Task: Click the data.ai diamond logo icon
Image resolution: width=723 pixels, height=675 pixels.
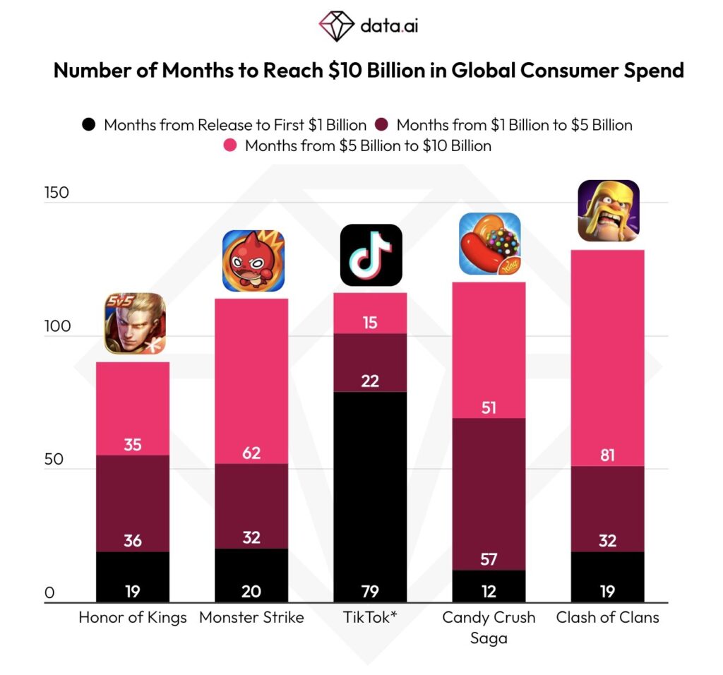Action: click(x=336, y=26)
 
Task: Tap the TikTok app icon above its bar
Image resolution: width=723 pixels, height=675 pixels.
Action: click(x=371, y=255)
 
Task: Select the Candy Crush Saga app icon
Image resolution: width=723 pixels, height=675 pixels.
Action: click(x=489, y=244)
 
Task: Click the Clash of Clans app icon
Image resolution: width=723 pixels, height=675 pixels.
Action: click(x=609, y=210)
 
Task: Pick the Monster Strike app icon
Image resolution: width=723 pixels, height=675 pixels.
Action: click(x=253, y=261)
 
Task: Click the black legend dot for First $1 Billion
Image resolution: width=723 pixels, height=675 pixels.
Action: click(x=88, y=125)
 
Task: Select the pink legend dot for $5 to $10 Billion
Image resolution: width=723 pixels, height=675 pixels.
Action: click(x=229, y=146)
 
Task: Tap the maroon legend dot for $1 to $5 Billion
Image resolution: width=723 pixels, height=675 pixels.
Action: click(x=381, y=125)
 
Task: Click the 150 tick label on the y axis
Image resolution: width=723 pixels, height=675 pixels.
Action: click(x=56, y=193)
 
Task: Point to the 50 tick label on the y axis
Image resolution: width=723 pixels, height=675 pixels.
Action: click(x=53, y=460)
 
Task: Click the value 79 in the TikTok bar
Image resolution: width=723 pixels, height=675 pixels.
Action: click(x=371, y=591)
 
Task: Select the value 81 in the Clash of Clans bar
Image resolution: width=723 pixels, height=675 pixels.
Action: click(x=607, y=455)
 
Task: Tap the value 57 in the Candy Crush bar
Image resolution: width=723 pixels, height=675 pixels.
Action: click(x=489, y=560)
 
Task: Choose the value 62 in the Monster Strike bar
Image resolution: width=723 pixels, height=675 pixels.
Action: click(x=251, y=453)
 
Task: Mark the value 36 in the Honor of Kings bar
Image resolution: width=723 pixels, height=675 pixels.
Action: click(x=132, y=541)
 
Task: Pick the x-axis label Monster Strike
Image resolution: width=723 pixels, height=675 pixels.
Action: click(x=251, y=618)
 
